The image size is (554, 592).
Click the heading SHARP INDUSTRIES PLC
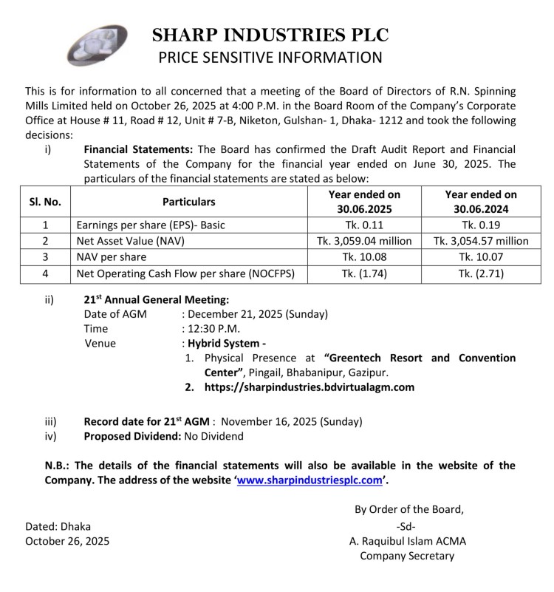[270, 35]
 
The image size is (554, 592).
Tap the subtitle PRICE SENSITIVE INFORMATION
[270, 58]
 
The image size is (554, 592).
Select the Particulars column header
[189, 201]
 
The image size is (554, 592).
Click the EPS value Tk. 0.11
[363, 224]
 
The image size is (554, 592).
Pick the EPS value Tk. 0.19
[481, 224]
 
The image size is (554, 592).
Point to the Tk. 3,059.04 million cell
[363, 241]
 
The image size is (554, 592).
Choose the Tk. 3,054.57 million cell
[481, 241]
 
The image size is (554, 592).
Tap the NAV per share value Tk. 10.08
[363, 257]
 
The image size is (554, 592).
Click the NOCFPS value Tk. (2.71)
[481, 274]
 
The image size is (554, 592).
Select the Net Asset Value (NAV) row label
[131, 241]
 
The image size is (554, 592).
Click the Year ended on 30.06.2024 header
[481, 201]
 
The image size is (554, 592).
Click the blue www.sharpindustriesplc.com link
[311, 480]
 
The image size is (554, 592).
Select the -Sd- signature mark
[407, 526]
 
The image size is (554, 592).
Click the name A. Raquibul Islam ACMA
[408, 541]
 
